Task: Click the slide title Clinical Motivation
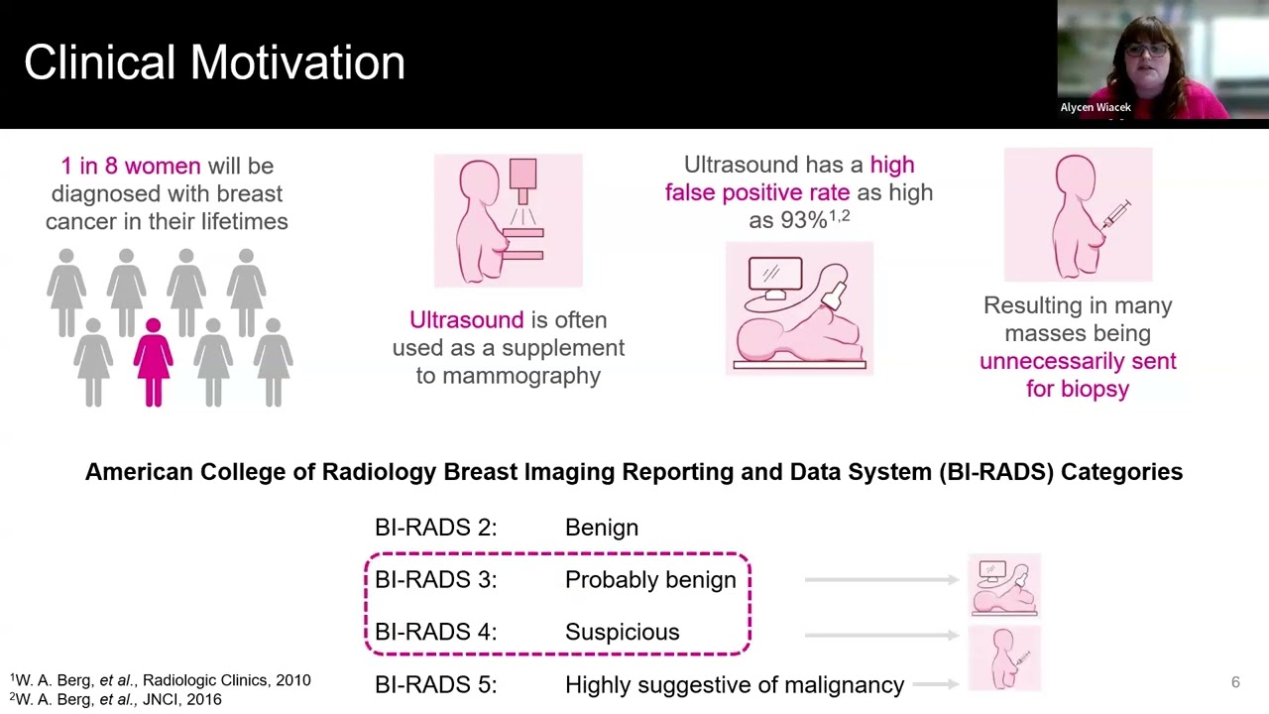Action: [214, 62]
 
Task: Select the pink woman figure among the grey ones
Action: [153, 362]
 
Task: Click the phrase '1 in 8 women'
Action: [130, 167]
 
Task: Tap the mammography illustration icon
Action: [508, 220]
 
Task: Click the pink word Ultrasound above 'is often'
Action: [466, 320]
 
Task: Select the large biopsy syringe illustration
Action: [1078, 215]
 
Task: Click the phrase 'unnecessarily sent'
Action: [1078, 361]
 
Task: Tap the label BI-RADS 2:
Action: [435, 528]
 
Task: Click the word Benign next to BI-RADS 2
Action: [601, 528]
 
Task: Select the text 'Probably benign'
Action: [650, 580]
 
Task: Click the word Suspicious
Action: [622, 633]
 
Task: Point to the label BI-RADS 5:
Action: [435, 685]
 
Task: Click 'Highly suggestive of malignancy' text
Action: [735, 685]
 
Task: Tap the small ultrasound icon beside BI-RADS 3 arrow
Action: [1004, 586]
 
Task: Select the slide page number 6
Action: [1235, 682]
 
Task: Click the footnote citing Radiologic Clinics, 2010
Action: [161, 680]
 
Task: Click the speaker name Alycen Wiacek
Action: [1096, 107]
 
